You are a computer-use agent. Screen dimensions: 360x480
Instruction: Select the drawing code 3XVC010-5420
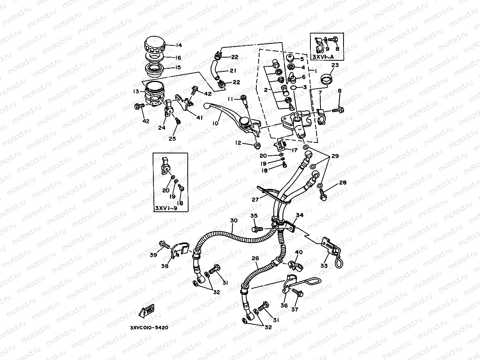(x=149, y=328)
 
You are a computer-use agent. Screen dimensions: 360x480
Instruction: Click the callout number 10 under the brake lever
(x=215, y=123)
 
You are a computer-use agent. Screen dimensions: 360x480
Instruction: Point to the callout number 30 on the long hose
(x=234, y=220)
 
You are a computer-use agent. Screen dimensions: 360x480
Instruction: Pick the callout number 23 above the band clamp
(x=335, y=65)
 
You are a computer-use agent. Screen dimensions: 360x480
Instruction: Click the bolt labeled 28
(x=323, y=194)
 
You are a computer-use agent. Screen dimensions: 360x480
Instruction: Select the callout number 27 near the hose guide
(x=255, y=200)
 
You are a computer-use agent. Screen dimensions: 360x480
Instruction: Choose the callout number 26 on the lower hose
(x=255, y=259)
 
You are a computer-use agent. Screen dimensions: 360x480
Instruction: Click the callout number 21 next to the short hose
(x=233, y=71)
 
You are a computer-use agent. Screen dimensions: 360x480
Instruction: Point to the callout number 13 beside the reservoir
(x=136, y=91)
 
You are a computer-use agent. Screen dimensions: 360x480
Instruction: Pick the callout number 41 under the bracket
(x=199, y=118)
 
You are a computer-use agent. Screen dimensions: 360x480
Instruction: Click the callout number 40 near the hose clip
(x=299, y=252)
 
